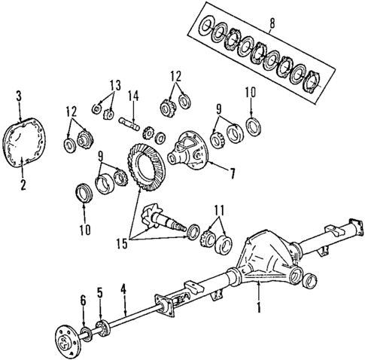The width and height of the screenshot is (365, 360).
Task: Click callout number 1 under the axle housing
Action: (x=260, y=307)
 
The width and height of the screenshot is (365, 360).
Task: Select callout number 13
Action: (x=114, y=84)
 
